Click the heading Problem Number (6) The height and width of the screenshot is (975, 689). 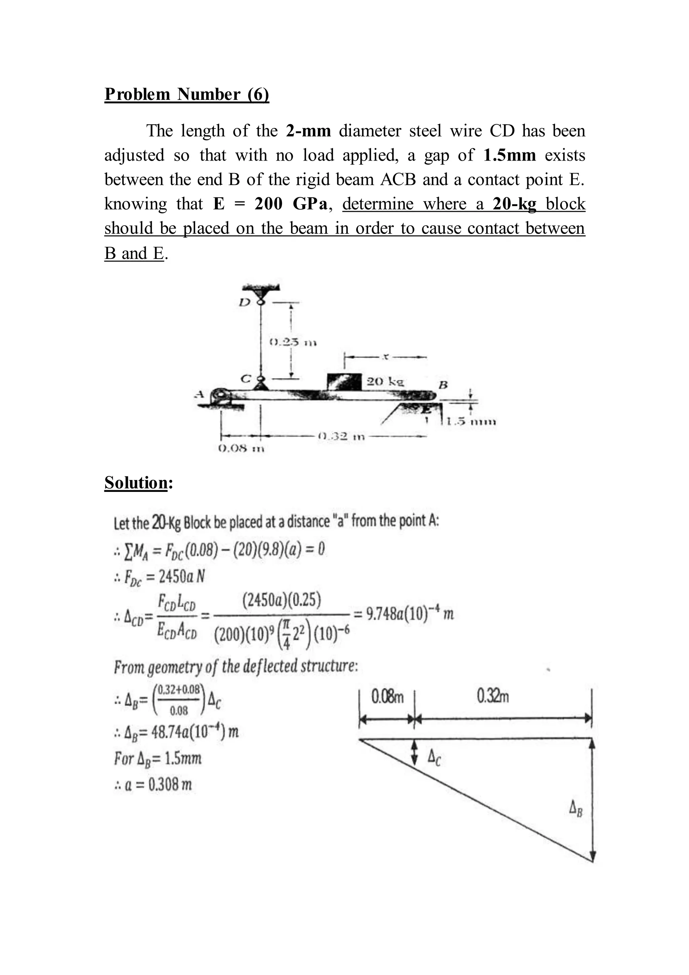187,94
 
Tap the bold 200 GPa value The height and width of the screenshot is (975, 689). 291,204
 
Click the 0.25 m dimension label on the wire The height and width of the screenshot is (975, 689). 294,342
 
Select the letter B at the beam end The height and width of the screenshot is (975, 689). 443,385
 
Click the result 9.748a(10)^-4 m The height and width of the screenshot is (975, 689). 410,614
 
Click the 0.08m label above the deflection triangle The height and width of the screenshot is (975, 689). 387,697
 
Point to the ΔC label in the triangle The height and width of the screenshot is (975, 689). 434,757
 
